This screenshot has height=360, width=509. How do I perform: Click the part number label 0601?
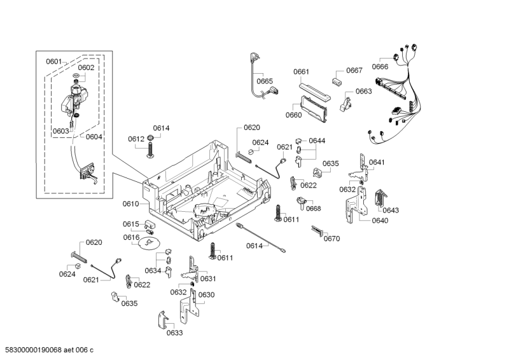pyautogui.click(x=53, y=62)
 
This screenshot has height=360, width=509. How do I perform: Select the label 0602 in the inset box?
pyautogui.click(x=86, y=67)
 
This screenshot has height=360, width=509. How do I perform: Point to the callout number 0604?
pyautogui.click(x=94, y=137)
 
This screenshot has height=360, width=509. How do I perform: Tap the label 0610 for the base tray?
pyautogui.click(x=130, y=204)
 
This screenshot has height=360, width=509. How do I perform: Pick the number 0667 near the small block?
pyautogui.click(x=354, y=71)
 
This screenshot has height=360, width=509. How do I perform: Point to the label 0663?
pyautogui.click(x=363, y=92)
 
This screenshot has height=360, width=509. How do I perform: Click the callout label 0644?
pyautogui.click(x=317, y=141)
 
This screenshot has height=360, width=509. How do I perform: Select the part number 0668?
pyautogui.click(x=313, y=209)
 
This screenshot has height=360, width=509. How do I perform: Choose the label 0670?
pyautogui.click(x=331, y=239)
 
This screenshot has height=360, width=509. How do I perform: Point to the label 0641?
pyautogui.click(x=377, y=162)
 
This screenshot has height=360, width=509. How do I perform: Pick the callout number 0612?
pyautogui.click(x=136, y=139)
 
